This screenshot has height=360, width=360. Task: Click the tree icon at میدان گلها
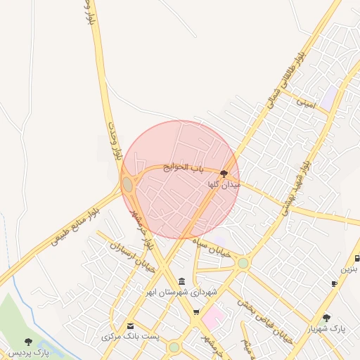coord(224,173)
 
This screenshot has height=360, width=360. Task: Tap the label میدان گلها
coord(224,185)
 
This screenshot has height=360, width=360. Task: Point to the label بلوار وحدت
coord(115,144)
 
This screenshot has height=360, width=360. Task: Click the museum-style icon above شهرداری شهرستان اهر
coord(182,281)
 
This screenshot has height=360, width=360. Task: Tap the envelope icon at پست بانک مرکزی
coord(130,326)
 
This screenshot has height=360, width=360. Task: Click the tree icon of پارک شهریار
coord(326,318)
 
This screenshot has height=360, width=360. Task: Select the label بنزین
coord(349,269)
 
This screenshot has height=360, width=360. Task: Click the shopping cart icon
coord(196,312)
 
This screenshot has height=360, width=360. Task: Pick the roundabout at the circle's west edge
coord(127,184)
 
